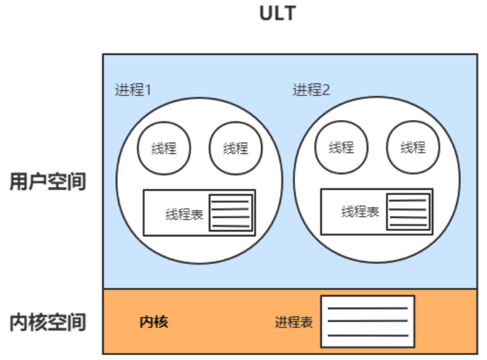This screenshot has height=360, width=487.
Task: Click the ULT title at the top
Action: pos(277,13)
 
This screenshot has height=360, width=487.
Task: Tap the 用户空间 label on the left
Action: pos(47,182)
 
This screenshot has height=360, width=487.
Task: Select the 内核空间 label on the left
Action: pos(47,323)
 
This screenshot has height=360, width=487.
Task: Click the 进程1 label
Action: pos(133,90)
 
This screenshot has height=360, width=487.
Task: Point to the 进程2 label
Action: pos(311,90)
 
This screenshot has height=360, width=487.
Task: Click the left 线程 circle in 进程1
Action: pos(163,148)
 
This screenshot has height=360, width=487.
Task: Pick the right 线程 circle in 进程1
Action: pos(236,148)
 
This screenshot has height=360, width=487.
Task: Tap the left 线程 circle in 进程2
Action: pos(341,147)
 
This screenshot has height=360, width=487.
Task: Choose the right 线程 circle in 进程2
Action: pos(413,147)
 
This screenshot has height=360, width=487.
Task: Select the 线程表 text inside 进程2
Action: pos(361,212)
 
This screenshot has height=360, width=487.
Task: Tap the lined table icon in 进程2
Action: pos(407,211)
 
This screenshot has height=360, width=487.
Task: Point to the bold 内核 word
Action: pos(154,323)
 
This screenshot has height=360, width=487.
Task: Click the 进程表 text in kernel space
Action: pos(294,323)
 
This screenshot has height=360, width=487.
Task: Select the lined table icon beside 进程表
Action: pos(367,321)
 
